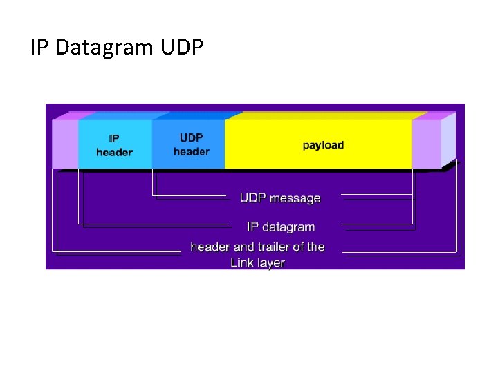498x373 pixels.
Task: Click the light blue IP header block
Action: (115, 144)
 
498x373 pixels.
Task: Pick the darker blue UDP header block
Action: (188, 144)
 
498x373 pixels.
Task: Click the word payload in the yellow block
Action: (323, 145)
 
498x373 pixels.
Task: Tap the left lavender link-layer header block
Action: (66, 144)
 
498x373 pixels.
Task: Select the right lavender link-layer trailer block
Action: (426, 144)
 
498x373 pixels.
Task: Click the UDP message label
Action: (280, 198)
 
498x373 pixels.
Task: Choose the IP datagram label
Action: (281, 227)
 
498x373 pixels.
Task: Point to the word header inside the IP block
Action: (115, 152)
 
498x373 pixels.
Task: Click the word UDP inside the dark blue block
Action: (192, 138)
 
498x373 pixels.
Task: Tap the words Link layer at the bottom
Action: (257, 262)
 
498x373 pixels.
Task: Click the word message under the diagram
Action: (295, 198)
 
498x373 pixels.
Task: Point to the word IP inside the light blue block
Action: (114, 139)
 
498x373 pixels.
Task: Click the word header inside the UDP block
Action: (192, 151)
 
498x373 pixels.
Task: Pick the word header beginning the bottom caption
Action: (211, 247)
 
